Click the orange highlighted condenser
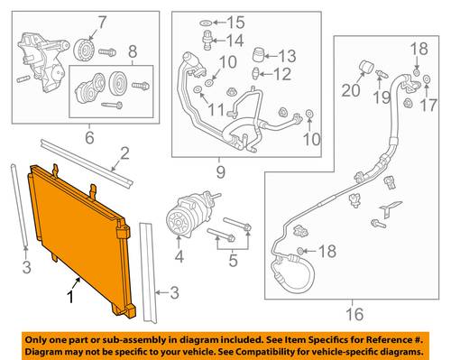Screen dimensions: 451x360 (79, 237)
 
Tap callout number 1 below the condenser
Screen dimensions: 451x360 (70, 297)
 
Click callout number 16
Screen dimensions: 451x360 (354, 314)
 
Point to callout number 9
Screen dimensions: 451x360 (220, 172)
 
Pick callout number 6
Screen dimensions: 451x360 (89, 137)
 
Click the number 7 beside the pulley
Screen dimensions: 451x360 (101, 23)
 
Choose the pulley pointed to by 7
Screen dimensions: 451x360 (84, 50)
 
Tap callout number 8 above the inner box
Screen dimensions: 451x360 (133, 51)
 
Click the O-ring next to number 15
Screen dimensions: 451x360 (206, 23)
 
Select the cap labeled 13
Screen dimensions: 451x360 (259, 55)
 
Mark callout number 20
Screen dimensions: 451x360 (350, 90)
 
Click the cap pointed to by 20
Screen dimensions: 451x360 (366, 67)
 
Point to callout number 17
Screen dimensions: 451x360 (428, 105)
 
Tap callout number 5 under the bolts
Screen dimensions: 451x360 (234, 260)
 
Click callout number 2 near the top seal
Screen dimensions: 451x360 (124, 153)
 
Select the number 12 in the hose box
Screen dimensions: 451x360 (282, 74)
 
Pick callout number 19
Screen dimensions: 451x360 (382, 97)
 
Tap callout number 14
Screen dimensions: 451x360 (235, 41)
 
